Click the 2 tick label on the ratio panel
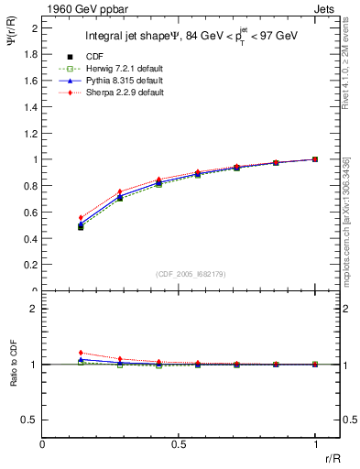tap(35, 309)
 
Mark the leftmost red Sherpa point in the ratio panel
tap(81, 353)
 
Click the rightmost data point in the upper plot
tap(315, 159)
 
